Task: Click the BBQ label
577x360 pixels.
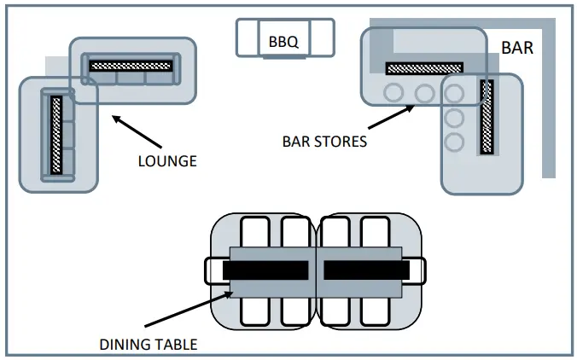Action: pos(283,42)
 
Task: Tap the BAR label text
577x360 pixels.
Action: pos(517,48)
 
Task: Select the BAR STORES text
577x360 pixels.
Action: pos(324,142)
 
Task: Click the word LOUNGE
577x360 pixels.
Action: pos(167,161)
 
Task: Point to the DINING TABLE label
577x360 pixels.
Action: pos(149,345)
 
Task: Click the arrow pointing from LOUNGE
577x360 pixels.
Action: pos(137,131)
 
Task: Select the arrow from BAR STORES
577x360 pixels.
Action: pos(391,117)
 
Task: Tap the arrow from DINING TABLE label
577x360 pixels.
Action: pos(189,309)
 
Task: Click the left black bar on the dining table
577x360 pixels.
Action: pos(265,270)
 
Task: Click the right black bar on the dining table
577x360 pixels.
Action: pos(366,270)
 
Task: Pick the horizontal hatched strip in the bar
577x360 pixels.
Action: pos(424,68)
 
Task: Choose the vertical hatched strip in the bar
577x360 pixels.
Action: pos(487,117)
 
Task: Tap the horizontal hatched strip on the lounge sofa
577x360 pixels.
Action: pos(131,67)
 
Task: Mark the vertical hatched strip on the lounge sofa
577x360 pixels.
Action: pos(56,135)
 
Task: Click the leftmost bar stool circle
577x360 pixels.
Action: pos(393,93)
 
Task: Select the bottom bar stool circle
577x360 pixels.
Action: pos(454,142)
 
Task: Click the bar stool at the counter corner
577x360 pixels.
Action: pos(454,93)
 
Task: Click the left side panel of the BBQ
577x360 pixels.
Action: pos(248,38)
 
